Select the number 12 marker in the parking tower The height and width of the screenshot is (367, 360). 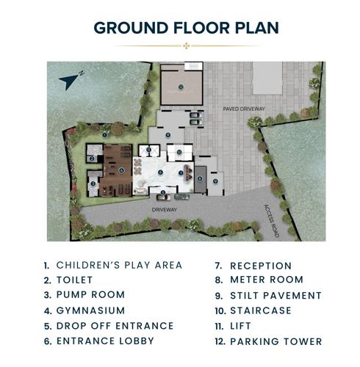[179, 87]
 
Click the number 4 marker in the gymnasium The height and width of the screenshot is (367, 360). [122, 170]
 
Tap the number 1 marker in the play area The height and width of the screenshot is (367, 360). [106, 134]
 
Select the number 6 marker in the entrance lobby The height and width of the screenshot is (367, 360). [161, 172]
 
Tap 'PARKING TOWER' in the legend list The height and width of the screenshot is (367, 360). [276, 341]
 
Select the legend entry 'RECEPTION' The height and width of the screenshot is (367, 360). [260, 265]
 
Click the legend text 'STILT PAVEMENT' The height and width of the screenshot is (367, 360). [276, 295]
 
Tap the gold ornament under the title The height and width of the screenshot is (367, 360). [187, 46]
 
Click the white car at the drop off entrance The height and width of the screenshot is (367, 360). [163, 197]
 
